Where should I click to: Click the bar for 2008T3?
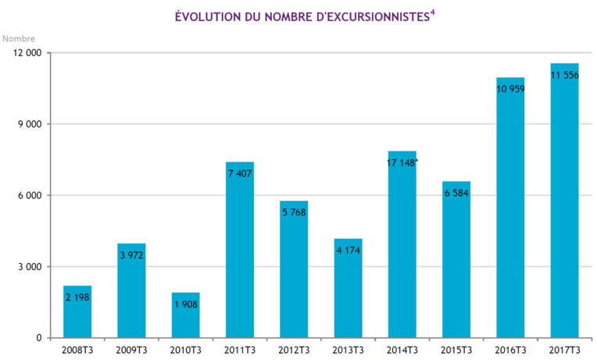pos(77,312)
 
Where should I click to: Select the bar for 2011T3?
pos(240,250)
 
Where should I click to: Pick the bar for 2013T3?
pos(348,288)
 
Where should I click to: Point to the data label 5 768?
pos(294,212)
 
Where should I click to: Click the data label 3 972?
pos(131,255)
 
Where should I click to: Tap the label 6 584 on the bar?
pos(456,193)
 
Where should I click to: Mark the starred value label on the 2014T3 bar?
pos(403,163)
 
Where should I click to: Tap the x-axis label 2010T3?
pos(186,349)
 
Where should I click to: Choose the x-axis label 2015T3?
pos(456,349)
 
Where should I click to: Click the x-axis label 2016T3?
pos(510,349)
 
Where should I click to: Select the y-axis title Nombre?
pos(18,37)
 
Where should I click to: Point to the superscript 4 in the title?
pos(432,11)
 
